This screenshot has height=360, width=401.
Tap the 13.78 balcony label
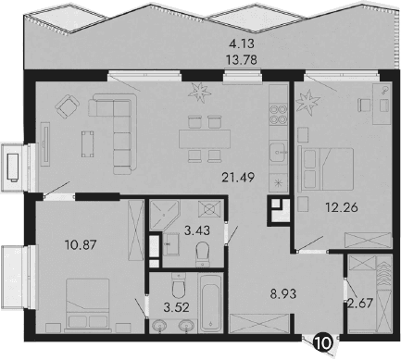tap(244, 60)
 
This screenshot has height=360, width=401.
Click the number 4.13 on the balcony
tap(244, 43)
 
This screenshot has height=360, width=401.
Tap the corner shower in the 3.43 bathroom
tap(163, 213)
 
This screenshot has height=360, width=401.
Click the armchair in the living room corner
tap(68, 107)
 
